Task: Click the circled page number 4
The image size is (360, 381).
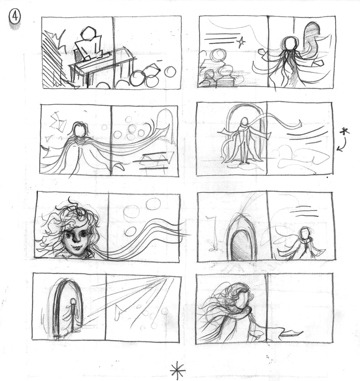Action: (15, 17)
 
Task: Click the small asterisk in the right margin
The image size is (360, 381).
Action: (345, 131)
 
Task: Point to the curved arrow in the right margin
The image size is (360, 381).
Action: (343, 144)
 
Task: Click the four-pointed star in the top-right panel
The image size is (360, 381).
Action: (241, 42)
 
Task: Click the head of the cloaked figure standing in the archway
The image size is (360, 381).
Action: (244, 121)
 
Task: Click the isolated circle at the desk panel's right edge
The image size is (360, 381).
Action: (170, 71)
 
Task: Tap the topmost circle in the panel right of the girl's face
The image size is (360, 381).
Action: (153, 204)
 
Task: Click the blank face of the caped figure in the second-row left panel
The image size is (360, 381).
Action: (80, 130)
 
